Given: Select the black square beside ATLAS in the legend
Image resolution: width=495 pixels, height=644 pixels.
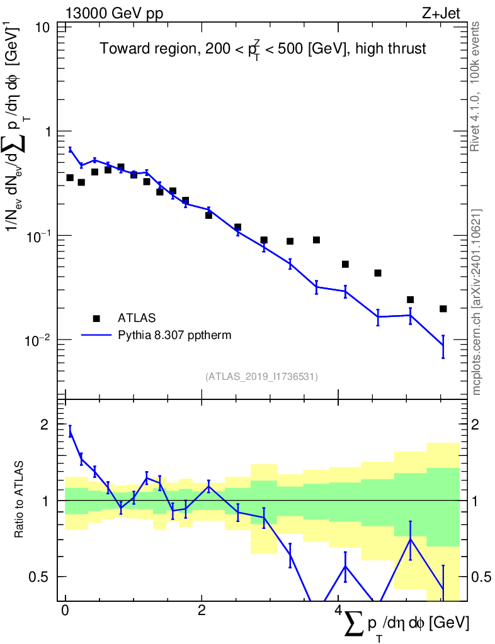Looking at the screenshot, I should coord(97,318).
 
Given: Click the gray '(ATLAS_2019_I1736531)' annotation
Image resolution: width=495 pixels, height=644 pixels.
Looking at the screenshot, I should coord(261,377).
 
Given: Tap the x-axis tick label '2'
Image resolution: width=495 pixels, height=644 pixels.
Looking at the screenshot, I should coord(202,611).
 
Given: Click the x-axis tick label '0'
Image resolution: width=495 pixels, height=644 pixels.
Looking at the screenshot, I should coord(65,611).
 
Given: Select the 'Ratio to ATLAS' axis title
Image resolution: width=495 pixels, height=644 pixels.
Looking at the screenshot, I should coord(19,500).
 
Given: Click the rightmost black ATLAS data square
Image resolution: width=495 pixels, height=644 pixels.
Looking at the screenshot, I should coord(443,309).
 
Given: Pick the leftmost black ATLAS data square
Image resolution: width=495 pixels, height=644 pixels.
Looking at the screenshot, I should coord(70,178).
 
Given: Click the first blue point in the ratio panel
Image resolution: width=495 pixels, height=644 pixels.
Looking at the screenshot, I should coord(70,431).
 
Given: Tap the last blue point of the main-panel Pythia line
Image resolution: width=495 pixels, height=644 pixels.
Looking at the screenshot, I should coord(443,345).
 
